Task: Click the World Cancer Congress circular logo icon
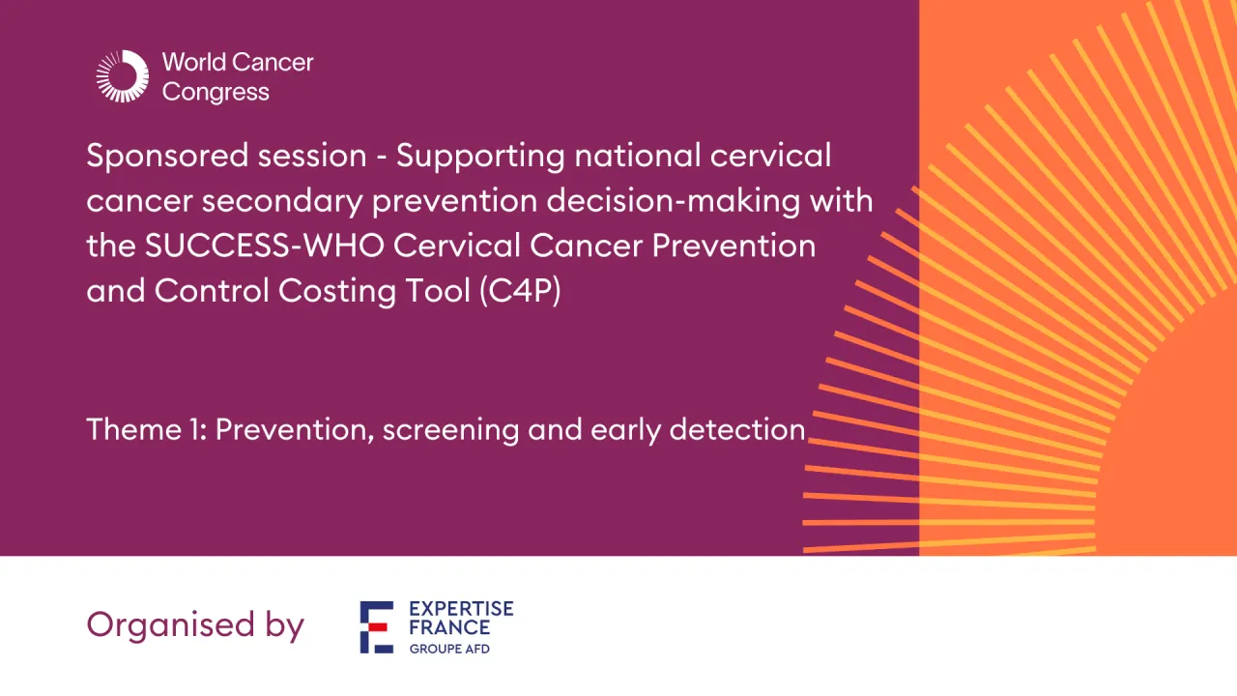pyautogui.click(x=122, y=76)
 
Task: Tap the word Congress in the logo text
pyautogui.click(x=216, y=93)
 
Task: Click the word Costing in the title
pyautogui.click(x=338, y=291)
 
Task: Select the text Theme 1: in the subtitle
pyautogui.click(x=145, y=429)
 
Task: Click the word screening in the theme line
pyautogui.click(x=451, y=430)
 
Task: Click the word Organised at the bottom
pyautogui.click(x=158, y=625)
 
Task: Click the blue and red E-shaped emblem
pyautogui.click(x=377, y=626)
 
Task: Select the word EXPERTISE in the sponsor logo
pyautogui.click(x=461, y=609)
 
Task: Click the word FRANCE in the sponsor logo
pyautogui.click(x=449, y=627)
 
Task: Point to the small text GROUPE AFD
pyautogui.click(x=449, y=649)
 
